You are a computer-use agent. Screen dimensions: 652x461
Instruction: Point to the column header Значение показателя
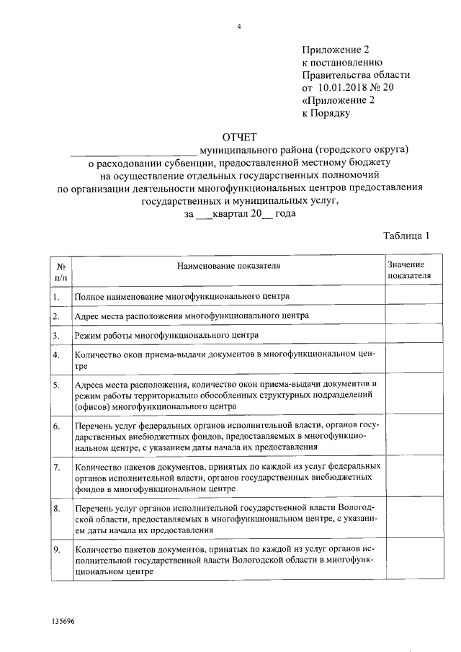(409, 270)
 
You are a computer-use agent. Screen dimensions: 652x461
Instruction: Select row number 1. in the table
(56, 295)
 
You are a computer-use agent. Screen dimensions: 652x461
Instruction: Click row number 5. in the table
(56, 385)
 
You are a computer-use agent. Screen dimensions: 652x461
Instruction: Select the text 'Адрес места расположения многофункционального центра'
(192, 316)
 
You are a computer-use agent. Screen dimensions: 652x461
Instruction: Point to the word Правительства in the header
(337, 75)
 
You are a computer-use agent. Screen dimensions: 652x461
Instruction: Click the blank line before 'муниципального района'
(133, 151)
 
